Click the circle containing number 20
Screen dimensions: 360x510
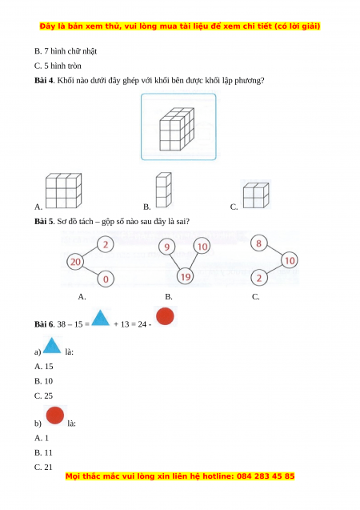click(75, 262)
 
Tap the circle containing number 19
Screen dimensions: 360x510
click(185, 277)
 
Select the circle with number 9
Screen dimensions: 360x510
click(166, 247)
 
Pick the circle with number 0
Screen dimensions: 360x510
click(106, 279)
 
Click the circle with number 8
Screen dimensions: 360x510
click(258, 243)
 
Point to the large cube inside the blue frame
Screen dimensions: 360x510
click(177, 129)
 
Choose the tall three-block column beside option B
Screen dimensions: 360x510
click(163, 190)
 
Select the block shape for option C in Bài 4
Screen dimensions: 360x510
click(256, 195)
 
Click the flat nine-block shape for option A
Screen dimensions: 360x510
click(63, 191)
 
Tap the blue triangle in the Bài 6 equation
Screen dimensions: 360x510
click(100, 318)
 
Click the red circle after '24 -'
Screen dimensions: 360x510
click(165, 316)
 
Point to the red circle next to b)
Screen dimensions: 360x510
click(55, 416)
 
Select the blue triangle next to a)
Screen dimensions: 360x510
click(52, 345)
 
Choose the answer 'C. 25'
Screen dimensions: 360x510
click(43, 396)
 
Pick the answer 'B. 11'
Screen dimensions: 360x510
click(43, 453)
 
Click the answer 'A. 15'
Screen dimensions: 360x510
click(43, 367)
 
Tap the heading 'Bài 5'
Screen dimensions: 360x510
click(44, 222)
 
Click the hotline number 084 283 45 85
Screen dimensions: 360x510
click(266, 476)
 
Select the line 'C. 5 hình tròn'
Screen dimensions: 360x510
click(58, 66)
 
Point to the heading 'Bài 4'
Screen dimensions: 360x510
click(44, 80)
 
